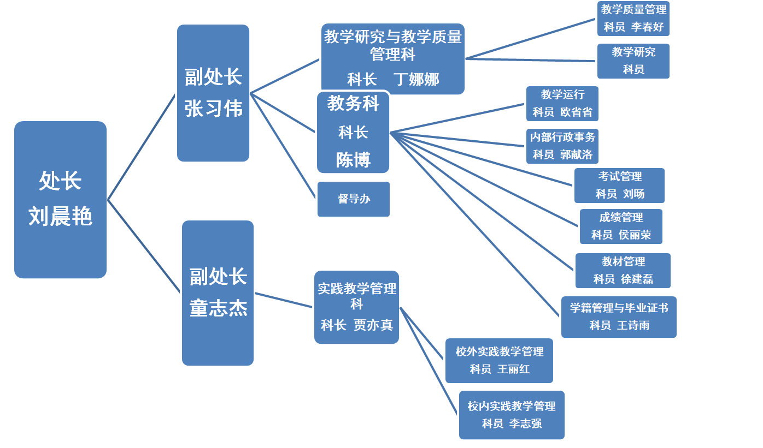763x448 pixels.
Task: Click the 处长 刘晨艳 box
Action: point(60,199)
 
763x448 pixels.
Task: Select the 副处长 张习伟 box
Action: point(213,93)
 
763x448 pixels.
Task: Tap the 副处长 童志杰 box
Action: point(218,292)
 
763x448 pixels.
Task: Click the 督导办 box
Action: point(353,199)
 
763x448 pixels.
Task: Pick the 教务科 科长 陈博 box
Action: point(353,132)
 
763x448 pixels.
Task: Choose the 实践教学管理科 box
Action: point(356,307)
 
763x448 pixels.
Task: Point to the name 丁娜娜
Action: point(416,80)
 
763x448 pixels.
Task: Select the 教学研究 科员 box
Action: point(633,61)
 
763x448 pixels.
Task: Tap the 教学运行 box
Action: point(562,103)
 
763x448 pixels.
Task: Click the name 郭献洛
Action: point(576,154)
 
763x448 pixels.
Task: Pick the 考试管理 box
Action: point(619,185)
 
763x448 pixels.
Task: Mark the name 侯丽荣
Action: point(635,235)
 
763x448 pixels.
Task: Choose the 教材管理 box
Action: point(623,270)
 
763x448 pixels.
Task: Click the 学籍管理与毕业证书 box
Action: point(619,316)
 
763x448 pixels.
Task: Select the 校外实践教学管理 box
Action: point(499,360)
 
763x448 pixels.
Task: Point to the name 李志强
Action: point(525,423)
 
